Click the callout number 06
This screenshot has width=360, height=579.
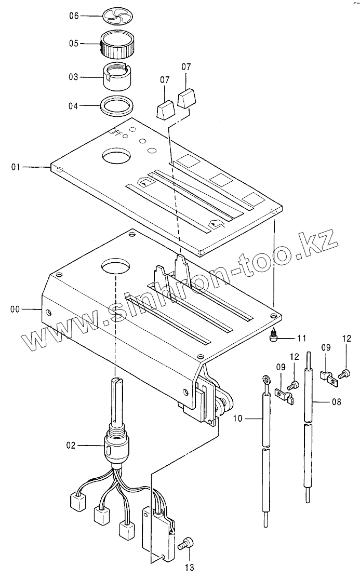tap(74, 16)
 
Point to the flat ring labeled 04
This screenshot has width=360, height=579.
tap(116, 106)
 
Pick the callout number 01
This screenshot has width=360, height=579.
tap(16, 167)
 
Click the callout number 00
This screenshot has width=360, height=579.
tap(15, 309)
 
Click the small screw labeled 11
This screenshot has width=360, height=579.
tap(273, 338)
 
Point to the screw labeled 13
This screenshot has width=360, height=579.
tap(186, 544)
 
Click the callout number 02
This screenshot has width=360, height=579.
tap(71, 445)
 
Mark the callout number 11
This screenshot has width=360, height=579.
tap(302, 338)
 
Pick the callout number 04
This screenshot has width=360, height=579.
tap(74, 106)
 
